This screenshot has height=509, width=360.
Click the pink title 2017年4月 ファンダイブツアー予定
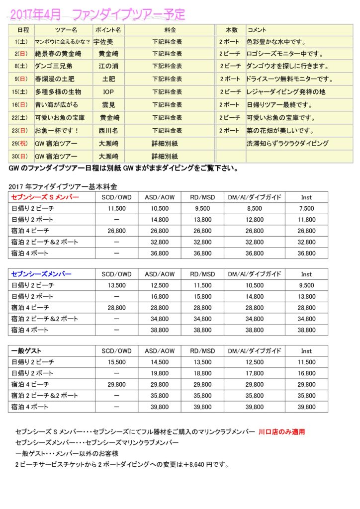pyautogui.click(x=97, y=14)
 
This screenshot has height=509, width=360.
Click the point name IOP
pyautogui.click(x=108, y=92)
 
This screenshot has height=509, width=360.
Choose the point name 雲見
pyautogui.click(x=108, y=105)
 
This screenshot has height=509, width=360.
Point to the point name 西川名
pyautogui.click(x=109, y=131)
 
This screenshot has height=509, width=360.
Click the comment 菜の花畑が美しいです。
pyautogui.click(x=279, y=131)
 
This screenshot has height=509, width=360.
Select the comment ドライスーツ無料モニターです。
pyautogui.click(x=290, y=79)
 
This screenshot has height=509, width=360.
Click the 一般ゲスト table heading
pyautogui.click(x=26, y=351)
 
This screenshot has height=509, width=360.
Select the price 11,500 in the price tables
pyautogui.click(x=116, y=208)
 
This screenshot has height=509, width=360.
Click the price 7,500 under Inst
pyautogui.click(x=306, y=208)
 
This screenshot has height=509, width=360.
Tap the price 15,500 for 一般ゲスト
pyautogui.click(x=116, y=362)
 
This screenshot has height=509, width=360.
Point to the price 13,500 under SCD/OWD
pyautogui.click(x=116, y=285)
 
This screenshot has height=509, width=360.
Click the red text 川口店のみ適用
pyautogui.click(x=281, y=432)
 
